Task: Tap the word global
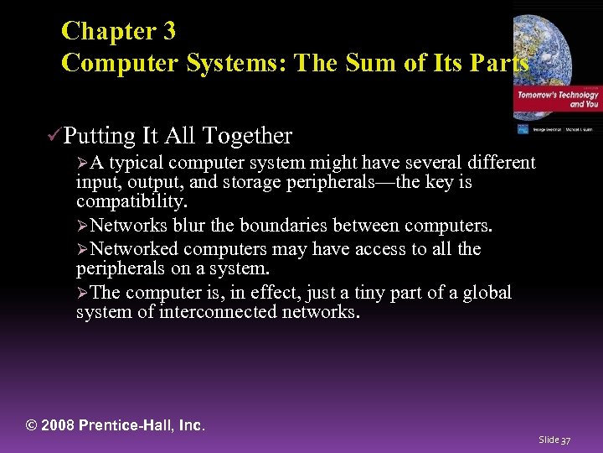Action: [483, 293]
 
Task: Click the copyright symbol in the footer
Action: [33, 425]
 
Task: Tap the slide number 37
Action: [565, 440]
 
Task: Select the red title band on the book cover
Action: [557, 101]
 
